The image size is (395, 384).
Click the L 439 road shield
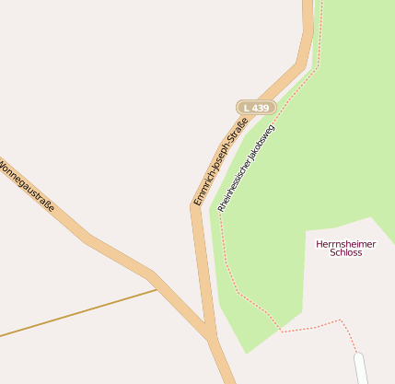[x=257, y=108]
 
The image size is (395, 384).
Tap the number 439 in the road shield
[x=261, y=108]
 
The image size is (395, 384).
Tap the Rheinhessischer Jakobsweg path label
[x=246, y=166]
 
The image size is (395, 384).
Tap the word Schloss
[x=345, y=252]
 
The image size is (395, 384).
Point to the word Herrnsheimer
[x=345, y=243]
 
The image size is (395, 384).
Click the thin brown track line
[x=74, y=313]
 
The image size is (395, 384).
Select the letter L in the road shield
[x=247, y=108]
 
